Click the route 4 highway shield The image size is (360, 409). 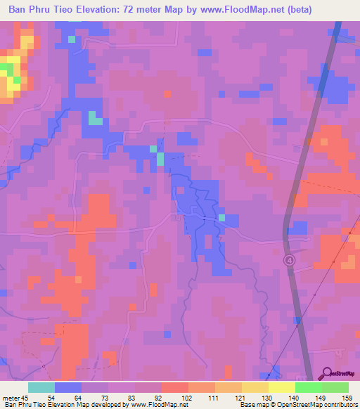tap(289, 260)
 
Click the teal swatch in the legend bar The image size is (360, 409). tap(41, 387)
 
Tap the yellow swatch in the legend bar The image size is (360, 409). tap(281, 387)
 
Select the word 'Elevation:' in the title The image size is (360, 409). tap(110, 9)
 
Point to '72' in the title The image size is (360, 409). tap(145, 9)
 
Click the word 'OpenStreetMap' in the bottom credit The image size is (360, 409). tap(288, 405)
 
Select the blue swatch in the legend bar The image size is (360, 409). tap(68, 387)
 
